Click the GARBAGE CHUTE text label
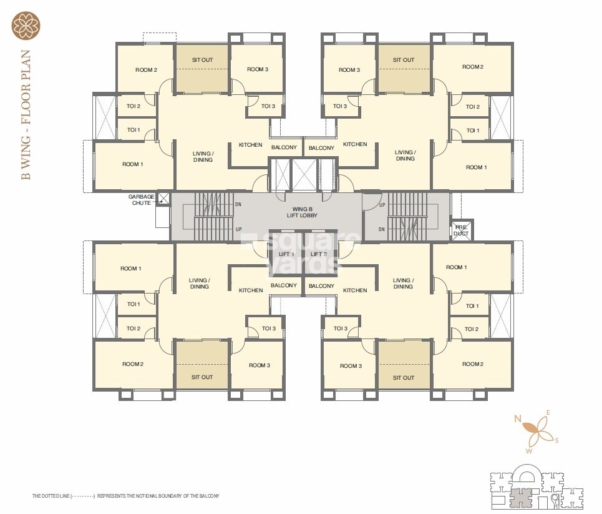point(142,200)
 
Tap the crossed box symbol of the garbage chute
point(163,199)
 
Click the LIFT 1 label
point(286,254)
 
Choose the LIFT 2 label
point(318,254)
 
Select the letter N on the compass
point(517,418)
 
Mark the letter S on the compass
point(556,440)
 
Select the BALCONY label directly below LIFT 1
point(284,285)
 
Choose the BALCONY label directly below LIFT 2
point(322,285)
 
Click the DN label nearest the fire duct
point(381,229)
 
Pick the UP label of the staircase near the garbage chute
point(238,229)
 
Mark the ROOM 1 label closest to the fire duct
point(456,267)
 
